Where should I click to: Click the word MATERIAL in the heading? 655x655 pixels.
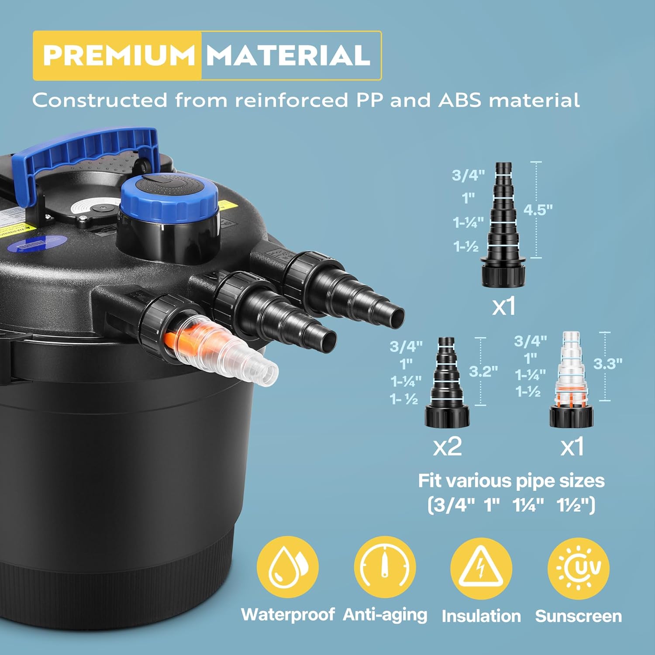pyautogui.click(x=288, y=55)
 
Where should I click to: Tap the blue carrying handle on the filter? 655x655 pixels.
pyautogui.click(x=87, y=148)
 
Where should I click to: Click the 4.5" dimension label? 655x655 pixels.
pyautogui.click(x=538, y=210)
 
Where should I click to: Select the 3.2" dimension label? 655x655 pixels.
pyautogui.click(x=483, y=371)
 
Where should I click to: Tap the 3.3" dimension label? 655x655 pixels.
pyautogui.click(x=607, y=363)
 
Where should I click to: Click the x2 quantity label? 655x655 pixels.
pyautogui.click(x=447, y=446)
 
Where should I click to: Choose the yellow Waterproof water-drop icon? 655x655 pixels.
pyautogui.click(x=287, y=567)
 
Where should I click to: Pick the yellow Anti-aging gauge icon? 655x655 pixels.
pyautogui.click(x=385, y=567)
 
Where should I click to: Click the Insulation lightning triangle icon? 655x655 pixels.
pyautogui.click(x=481, y=568)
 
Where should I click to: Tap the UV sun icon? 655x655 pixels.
pyautogui.click(x=579, y=568)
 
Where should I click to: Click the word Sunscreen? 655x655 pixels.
pyautogui.click(x=579, y=616)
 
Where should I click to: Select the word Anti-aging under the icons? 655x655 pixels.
pyautogui.click(x=385, y=615)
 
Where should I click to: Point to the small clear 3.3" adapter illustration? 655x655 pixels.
pyautogui.click(x=571, y=380)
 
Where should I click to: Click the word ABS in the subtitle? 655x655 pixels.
pyautogui.click(x=459, y=100)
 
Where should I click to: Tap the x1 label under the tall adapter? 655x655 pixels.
pyautogui.click(x=504, y=307)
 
